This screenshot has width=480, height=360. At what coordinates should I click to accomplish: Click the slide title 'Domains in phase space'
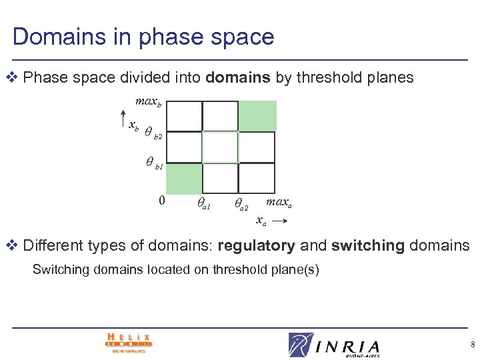(143, 37)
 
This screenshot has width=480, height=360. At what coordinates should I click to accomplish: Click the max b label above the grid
(148, 102)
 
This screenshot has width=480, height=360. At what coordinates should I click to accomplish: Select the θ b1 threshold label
(155, 163)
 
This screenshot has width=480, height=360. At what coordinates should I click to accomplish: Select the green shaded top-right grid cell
(257, 115)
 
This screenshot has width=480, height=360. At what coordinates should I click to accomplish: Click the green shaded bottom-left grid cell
(183, 179)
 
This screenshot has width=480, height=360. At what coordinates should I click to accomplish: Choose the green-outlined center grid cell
(220, 147)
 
